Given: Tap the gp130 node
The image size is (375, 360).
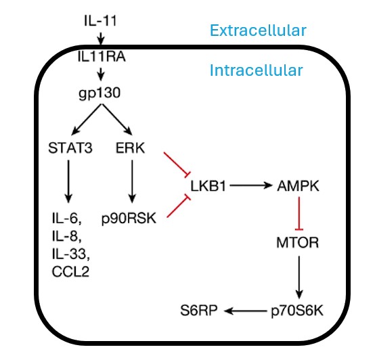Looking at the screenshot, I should (x=100, y=93).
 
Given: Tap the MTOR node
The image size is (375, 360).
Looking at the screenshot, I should (x=299, y=242).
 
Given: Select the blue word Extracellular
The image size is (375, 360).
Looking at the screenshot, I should (x=258, y=30).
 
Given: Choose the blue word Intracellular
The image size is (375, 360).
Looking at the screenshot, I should (x=256, y=70).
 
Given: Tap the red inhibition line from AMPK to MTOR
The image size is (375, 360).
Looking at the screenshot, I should (x=299, y=215).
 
